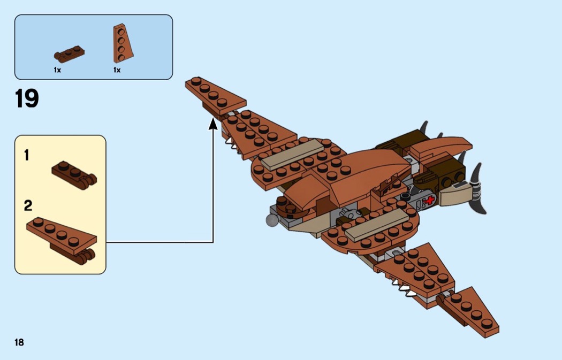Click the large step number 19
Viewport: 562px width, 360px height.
pos(27,98)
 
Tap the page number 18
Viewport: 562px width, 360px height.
pos(19,342)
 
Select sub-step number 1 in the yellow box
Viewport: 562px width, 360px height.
pos(27,156)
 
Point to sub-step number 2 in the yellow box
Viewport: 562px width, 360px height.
pos(28,205)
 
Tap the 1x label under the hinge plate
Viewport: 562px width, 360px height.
pos(57,70)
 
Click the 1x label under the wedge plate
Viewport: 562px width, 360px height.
pos(117,70)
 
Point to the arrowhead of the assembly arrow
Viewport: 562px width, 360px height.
pos(213,124)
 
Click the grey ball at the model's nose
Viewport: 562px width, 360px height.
pos(272,219)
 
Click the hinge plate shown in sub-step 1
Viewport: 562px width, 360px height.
pos(74,173)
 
